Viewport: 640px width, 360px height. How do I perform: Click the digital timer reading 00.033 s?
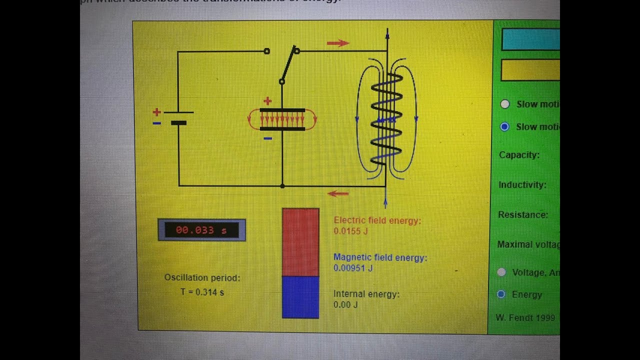tap(201, 230)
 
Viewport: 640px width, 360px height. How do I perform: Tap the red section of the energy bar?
tap(300, 242)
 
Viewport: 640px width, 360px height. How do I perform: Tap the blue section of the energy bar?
tap(300, 297)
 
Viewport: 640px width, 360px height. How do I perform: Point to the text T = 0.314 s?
tap(202, 292)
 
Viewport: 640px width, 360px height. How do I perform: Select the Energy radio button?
tap(501, 294)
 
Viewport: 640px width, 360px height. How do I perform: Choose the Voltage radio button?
tap(501, 272)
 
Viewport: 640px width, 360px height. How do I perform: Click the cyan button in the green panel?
tap(530, 39)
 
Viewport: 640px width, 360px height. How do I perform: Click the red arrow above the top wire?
tap(338, 43)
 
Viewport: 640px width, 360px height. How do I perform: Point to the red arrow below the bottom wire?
tap(338, 194)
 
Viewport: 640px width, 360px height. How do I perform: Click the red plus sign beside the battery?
tap(157, 112)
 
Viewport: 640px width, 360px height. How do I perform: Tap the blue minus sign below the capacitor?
tap(267, 138)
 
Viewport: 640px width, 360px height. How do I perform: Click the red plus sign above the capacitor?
tap(267, 101)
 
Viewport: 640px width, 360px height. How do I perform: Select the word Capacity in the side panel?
tap(519, 155)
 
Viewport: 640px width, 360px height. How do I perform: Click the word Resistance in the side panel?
tap(522, 214)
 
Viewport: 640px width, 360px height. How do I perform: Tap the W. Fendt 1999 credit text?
tap(525, 318)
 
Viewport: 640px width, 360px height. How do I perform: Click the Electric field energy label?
tap(377, 220)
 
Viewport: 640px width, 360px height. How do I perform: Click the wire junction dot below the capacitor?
tap(282, 186)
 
